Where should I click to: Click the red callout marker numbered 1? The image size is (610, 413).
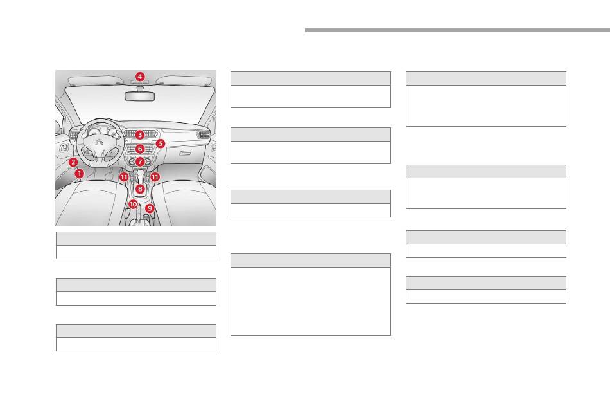pos(79,173)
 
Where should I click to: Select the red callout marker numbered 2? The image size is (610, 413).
pos(74,162)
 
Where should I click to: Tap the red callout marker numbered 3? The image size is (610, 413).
pos(139,135)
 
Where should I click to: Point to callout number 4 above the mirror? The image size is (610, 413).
pos(140,77)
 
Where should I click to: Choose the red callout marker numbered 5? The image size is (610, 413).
pos(161,143)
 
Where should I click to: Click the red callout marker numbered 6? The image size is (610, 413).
pos(140,149)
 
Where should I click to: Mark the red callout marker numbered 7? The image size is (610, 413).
pos(140,161)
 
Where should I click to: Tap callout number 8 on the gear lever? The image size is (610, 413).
pos(140,189)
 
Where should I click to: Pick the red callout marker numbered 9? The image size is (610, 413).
pos(150,208)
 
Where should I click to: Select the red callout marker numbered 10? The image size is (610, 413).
pos(133,204)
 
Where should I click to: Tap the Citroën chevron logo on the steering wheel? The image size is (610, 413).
pos(100,143)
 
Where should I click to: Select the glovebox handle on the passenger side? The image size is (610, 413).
pos(186,154)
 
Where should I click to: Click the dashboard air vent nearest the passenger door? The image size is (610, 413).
pos(204,135)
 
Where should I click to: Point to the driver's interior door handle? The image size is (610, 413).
pos(64,149)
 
